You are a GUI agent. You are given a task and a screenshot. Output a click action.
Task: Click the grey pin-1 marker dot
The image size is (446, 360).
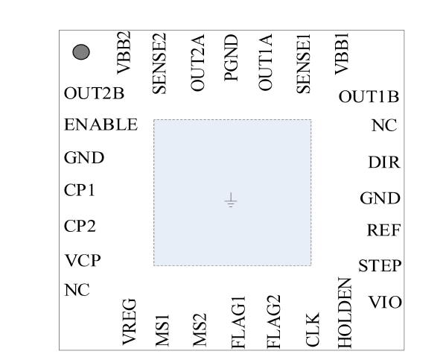(81, 52)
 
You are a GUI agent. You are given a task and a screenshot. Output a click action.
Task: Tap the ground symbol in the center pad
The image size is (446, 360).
(231, 200)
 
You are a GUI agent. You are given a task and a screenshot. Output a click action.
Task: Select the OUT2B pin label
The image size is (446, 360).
(94, 93)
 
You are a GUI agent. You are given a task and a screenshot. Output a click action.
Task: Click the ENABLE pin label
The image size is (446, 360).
(101, 124)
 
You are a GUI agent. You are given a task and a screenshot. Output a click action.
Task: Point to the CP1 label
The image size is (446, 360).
(80, 190)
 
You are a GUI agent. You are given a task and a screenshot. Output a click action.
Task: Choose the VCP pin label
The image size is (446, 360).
(83, 260)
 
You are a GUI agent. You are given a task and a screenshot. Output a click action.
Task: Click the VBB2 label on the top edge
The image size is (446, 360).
(124, 53)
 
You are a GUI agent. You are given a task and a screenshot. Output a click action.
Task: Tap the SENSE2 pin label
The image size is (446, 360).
(159, 63)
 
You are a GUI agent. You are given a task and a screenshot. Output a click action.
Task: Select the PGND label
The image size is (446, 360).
(231, 58)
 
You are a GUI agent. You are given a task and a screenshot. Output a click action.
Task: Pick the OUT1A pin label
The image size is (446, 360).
(265, 63)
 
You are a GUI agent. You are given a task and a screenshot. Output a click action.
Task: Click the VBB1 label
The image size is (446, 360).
(342, 54)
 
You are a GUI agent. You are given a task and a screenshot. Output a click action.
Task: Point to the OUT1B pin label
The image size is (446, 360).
(369, 97)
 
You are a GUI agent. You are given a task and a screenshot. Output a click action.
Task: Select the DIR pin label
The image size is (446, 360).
(384, 162)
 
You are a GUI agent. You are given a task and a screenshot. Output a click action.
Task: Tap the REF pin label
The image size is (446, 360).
(384, 230)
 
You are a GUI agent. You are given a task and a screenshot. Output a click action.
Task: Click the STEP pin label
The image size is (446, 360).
(380, 266)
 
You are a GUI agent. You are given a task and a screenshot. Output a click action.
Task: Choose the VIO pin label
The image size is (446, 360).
(385, 302)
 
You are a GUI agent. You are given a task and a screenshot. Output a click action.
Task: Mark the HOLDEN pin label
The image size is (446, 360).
(345, 313)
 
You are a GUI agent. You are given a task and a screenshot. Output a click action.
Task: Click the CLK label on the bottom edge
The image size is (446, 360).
(313, 329)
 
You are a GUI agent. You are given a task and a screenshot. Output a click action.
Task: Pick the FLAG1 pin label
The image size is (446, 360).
(238, 323)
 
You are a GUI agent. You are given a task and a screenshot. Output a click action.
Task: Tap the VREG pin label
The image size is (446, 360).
(129, 322)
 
